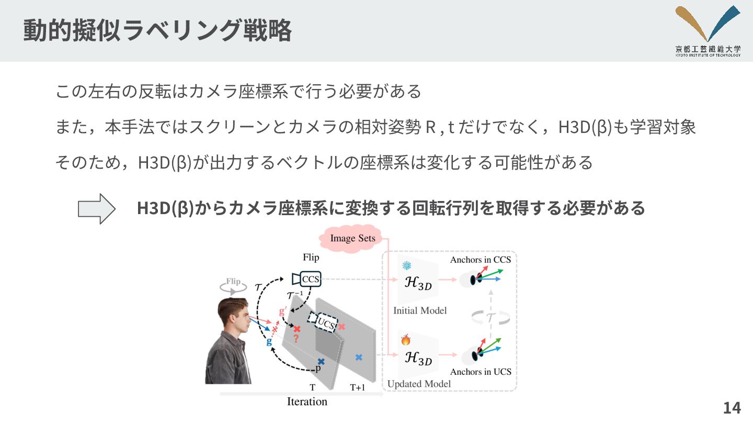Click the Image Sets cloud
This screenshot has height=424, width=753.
point(353,239)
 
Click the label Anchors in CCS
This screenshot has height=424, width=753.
point(480,259)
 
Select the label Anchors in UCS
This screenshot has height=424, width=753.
point(480,372)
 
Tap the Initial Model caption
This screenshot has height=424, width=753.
point(420,310)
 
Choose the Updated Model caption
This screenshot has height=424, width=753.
point(419,384)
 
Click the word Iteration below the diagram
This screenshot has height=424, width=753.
point(307,401)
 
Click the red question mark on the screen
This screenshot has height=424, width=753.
point(295,339)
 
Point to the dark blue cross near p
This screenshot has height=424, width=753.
point(321,361)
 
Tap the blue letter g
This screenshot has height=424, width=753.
point(269,342)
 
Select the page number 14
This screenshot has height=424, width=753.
point(732,407)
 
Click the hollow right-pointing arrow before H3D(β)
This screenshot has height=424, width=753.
point(97,209)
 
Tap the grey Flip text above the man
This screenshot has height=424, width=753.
point(233,282)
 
